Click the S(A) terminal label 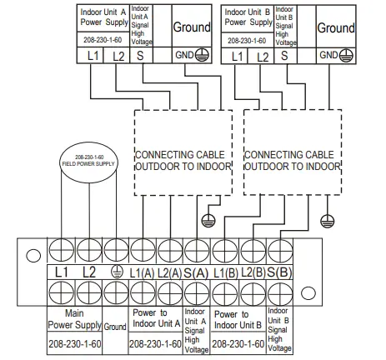pyautogui.click(x=197, y=272)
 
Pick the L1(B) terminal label pyautogui.click(x=223, y=272)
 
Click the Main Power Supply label pyautogui.click(x=79, y=320)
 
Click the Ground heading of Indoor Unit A pyautogui.click(x=192, y=27)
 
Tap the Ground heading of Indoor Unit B pyautogui.click(x=336, y=27)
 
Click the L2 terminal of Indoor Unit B pyautogui.click(x=263, y=56)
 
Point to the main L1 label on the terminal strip pyautogui.click(x=61, y=272)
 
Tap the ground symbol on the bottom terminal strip pyautogui.click(x=118, y=272)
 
